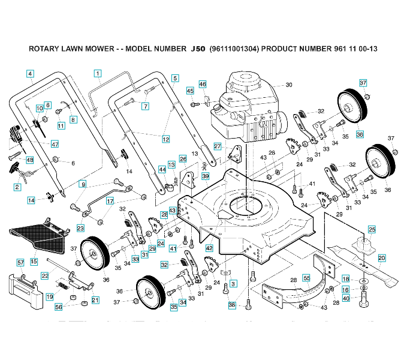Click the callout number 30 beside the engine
[x=289, y=85]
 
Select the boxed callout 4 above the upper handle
[x=30, y=74]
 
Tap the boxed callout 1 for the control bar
[x=98, y=74]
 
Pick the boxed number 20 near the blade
[x=382, y=258]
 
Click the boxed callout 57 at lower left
[x=20, y=263]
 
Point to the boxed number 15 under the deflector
[x=34, y=262]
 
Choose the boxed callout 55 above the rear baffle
[x=306, y=278]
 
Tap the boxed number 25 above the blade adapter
[x=372, y=229]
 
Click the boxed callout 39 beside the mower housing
[x=206, y=176]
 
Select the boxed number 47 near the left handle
[x=55, y=144]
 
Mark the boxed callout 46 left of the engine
[x=203, y=84]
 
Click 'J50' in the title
[x=198, y=49]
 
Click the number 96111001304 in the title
[x=234, y=49]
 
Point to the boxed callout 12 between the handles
[x=166, y=139]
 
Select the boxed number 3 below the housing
[x=233, y=284]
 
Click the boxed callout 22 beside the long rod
[x=45, y=276]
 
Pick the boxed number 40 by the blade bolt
[x=346, y=298]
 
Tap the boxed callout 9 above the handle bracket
[x=83, y=184]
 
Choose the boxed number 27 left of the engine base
[x=218, y=146]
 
